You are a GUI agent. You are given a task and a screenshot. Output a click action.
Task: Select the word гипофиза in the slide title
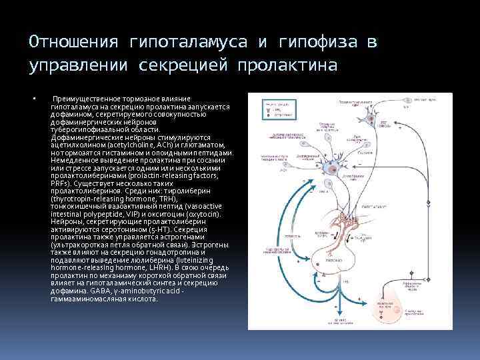pos(322,42)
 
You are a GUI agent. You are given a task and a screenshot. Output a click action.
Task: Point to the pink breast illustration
pos(409,295)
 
